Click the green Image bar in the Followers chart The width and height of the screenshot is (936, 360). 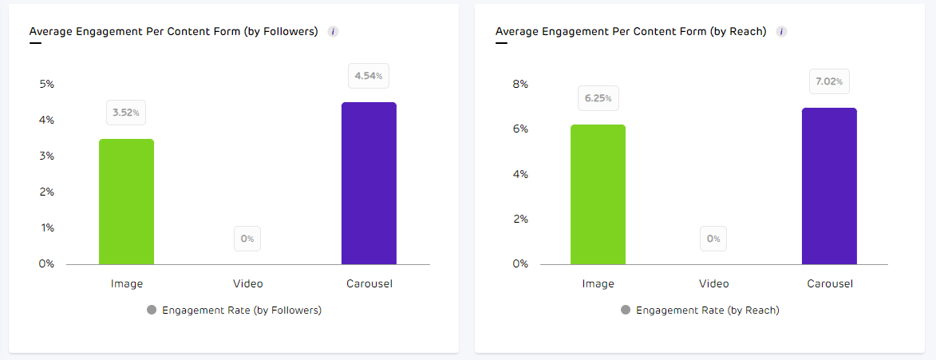[x=126, y=201]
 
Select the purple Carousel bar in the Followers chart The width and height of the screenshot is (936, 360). [x=369, y=183]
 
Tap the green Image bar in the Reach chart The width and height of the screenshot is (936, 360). [x=598, y=194]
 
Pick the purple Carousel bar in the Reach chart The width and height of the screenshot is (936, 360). [x=829, y=186]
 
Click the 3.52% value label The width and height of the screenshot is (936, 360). [x=126, y=113]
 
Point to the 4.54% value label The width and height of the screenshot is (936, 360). [x=369, y=77]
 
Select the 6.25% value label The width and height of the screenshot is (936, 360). [x=598, y=98]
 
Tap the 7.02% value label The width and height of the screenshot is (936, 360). [x=829, y=81]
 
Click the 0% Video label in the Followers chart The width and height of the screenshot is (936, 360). [x=247, y=238]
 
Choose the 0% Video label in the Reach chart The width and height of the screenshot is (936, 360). [x=713, y=238]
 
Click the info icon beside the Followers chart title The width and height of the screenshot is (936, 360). [x=334, y=32]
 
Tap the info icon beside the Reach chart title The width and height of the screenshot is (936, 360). [x=782, y=32]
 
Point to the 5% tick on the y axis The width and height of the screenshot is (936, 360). [x=46, y=84]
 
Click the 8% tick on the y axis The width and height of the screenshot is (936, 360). [x=519, y=84]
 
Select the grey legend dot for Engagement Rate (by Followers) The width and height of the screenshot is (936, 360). [x=152, y=310]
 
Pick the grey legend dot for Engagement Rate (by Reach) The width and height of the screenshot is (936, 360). [x=626, y=310]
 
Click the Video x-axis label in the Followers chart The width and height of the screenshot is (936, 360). [x=247, y=283]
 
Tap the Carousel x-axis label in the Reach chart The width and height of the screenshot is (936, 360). [x=829, y=283]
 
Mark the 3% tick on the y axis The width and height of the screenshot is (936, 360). [x=46, y=156]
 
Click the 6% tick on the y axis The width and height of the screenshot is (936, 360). [x=519, y=129]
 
